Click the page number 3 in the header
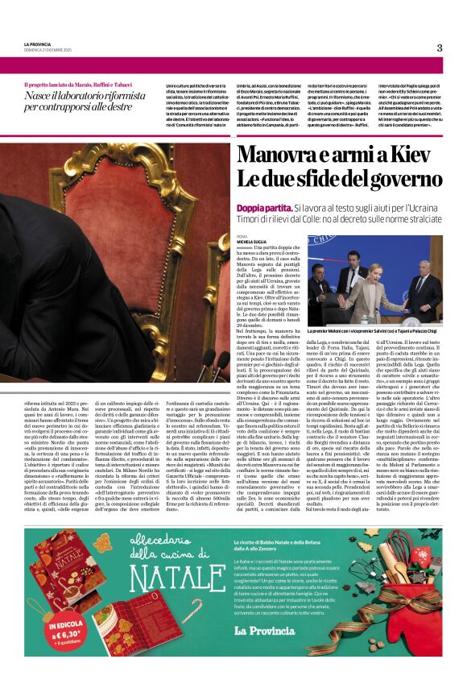pyautogui.click(x=440, y=48)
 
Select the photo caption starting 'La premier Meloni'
pyautogui.click(x=374, y=330)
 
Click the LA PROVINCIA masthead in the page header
pyautogui.click(x=37, y=44)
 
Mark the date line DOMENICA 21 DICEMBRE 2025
pyautogui.click(x=51, y=50)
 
